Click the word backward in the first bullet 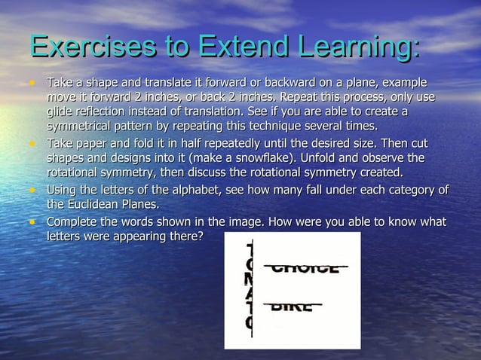click(x=282, y=81)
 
